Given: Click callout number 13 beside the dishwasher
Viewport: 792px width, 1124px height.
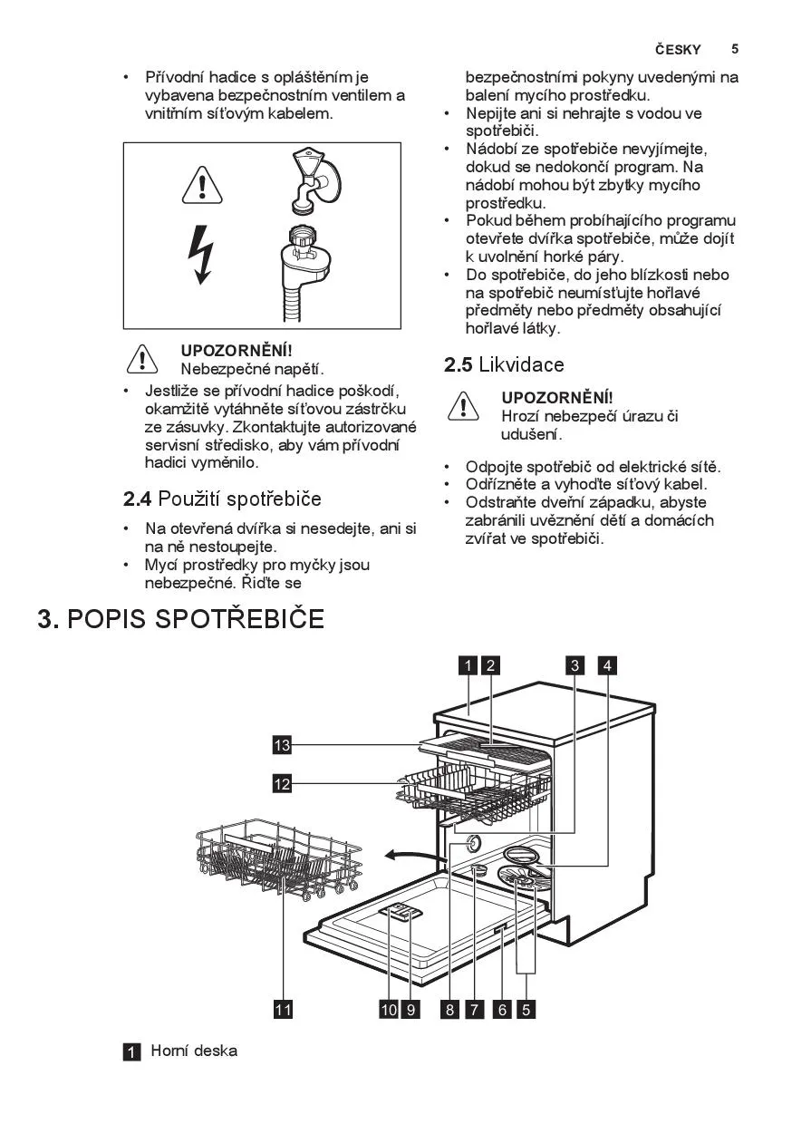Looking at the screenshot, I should tap(283, 745).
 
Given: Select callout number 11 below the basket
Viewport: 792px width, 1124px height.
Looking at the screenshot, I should tap(283, 1009).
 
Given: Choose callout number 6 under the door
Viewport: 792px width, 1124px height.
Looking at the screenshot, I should tap(502, 1009).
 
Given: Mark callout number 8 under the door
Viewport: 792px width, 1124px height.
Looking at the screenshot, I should tap(449, 1009).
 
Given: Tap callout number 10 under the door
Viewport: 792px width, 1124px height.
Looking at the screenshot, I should tap(389, 1009).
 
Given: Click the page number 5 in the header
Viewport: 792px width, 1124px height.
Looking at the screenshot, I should tap(735, 49).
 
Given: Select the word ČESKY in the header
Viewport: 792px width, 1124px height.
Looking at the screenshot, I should tap(678, 50).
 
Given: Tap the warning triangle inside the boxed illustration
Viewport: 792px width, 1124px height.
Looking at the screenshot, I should tap(202, 187).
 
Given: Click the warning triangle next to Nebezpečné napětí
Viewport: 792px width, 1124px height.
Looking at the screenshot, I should tap(143, 360).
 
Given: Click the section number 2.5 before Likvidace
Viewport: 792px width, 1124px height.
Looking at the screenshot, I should tap(458, 365).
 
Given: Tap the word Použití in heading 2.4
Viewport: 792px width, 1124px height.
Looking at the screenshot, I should tap(189, 499).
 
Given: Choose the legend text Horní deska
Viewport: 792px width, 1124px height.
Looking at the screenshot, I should tap(194, 1051).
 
